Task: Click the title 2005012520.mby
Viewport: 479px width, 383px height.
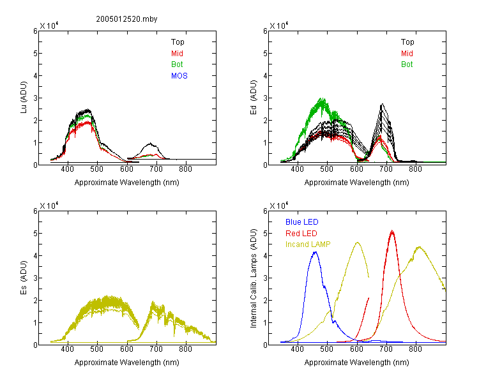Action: pyautogui.click(x=126, y=19)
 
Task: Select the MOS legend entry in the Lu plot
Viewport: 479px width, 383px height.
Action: pyautogui.click(x=179, y=76)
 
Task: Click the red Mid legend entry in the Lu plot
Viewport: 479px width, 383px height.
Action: pyautogui.click(x=177, y=54)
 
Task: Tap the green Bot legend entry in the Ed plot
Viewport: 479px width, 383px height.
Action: pyautogui.click(x=407, y=64)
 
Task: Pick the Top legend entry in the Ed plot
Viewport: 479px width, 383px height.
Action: pyautogui.click(x=407, y=42)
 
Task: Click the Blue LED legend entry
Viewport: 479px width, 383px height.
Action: pyautogui.click(x=302, y=222)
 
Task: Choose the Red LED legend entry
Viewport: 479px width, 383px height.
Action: pyautogui.click(x=301, y=234)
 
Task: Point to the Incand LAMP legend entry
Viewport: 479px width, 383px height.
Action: pyautogui.click(x=308, y=244)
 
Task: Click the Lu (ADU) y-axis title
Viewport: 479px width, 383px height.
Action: pyautogui.click(x=24, y=98)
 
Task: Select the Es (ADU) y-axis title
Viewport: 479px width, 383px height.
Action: pyautogui.click(x=24, y=278)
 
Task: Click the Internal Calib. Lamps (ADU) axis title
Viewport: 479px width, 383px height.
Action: pyautogui.click(x=254, y=278)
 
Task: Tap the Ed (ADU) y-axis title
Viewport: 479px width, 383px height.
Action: pyautogui.click(x=254, y=98)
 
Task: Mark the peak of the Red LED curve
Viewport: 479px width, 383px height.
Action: pyautogui.click(x=392, y=231)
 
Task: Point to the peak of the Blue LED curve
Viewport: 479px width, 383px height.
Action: pyautogui.click(x=316, y=252)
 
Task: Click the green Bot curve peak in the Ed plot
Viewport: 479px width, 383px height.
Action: pyautogui.click(x=321, y=99)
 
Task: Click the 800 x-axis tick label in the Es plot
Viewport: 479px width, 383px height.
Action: pyautogui.click(x=185, y=349)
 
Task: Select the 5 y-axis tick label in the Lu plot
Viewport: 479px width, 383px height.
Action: pyautogui.click(x=35, y=54)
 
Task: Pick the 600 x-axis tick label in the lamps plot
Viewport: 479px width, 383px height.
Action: pyautogui.click(x=356, y=349)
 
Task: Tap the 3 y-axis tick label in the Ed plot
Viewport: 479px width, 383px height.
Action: pyautogui.click(x=266, y=98)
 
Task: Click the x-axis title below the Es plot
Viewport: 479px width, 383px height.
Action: pyautogui.click(x=127, y=363)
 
